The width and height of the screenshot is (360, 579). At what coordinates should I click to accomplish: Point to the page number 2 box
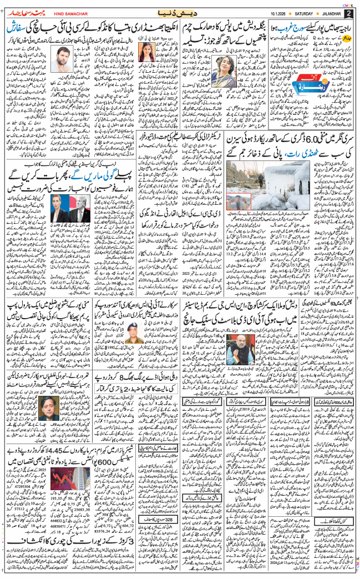tap(349, 12)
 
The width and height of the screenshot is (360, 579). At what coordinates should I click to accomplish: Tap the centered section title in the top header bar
tap(182, 12)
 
